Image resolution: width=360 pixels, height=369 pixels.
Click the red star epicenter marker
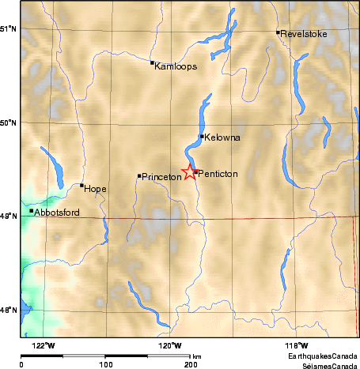click(x=190, y=172)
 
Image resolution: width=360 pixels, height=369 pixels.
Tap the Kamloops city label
click(x=176, y=66)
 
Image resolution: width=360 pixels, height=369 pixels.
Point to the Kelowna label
click(x=222, y=137)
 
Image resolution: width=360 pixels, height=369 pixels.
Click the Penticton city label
click(x=217, y=173)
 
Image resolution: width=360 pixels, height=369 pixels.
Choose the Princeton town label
click(x=162, y=177)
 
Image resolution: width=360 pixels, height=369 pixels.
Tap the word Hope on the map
click(x=95, y=189)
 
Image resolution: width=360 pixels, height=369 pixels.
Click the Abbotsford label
click(x=58, y=212)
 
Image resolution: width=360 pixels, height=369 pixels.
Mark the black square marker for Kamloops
click(x=152, y=62)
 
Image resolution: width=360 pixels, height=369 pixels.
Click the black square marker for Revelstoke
click(x=278, y=32)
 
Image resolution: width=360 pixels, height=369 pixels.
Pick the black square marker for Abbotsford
click(x=32, y=210)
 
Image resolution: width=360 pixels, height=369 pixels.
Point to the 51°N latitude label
click(x=9, y=28)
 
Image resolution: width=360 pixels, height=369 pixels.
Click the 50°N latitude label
click(x=9, y=122)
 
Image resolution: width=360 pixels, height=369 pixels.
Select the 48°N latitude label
click(x=9, y=310)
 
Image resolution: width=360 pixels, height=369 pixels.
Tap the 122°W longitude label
click(x=45, y=345)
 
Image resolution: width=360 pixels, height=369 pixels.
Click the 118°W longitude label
click(x=297, y=345)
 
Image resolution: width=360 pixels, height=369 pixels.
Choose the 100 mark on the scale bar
click(x=104, y=365)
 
